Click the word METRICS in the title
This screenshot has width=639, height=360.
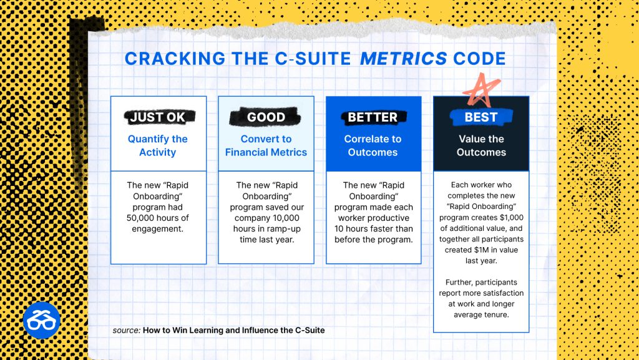404,59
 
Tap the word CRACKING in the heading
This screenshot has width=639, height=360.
175,59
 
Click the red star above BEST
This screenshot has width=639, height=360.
481,90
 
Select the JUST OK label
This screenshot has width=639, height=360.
158,117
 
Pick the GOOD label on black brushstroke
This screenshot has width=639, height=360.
266,117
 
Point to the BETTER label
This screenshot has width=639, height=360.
373,117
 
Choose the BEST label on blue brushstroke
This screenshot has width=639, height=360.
481,117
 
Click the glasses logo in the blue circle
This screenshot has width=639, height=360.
42,320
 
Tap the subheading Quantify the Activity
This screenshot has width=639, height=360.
158,145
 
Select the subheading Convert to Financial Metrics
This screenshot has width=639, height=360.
266,145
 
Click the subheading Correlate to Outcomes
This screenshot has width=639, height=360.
373,145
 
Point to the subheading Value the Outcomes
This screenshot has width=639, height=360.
481,145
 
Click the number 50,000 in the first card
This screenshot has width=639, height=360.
140,218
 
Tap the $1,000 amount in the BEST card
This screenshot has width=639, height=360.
512,218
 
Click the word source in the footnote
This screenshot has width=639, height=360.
127,330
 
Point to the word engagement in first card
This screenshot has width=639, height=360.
157,229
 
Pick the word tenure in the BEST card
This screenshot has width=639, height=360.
496,315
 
